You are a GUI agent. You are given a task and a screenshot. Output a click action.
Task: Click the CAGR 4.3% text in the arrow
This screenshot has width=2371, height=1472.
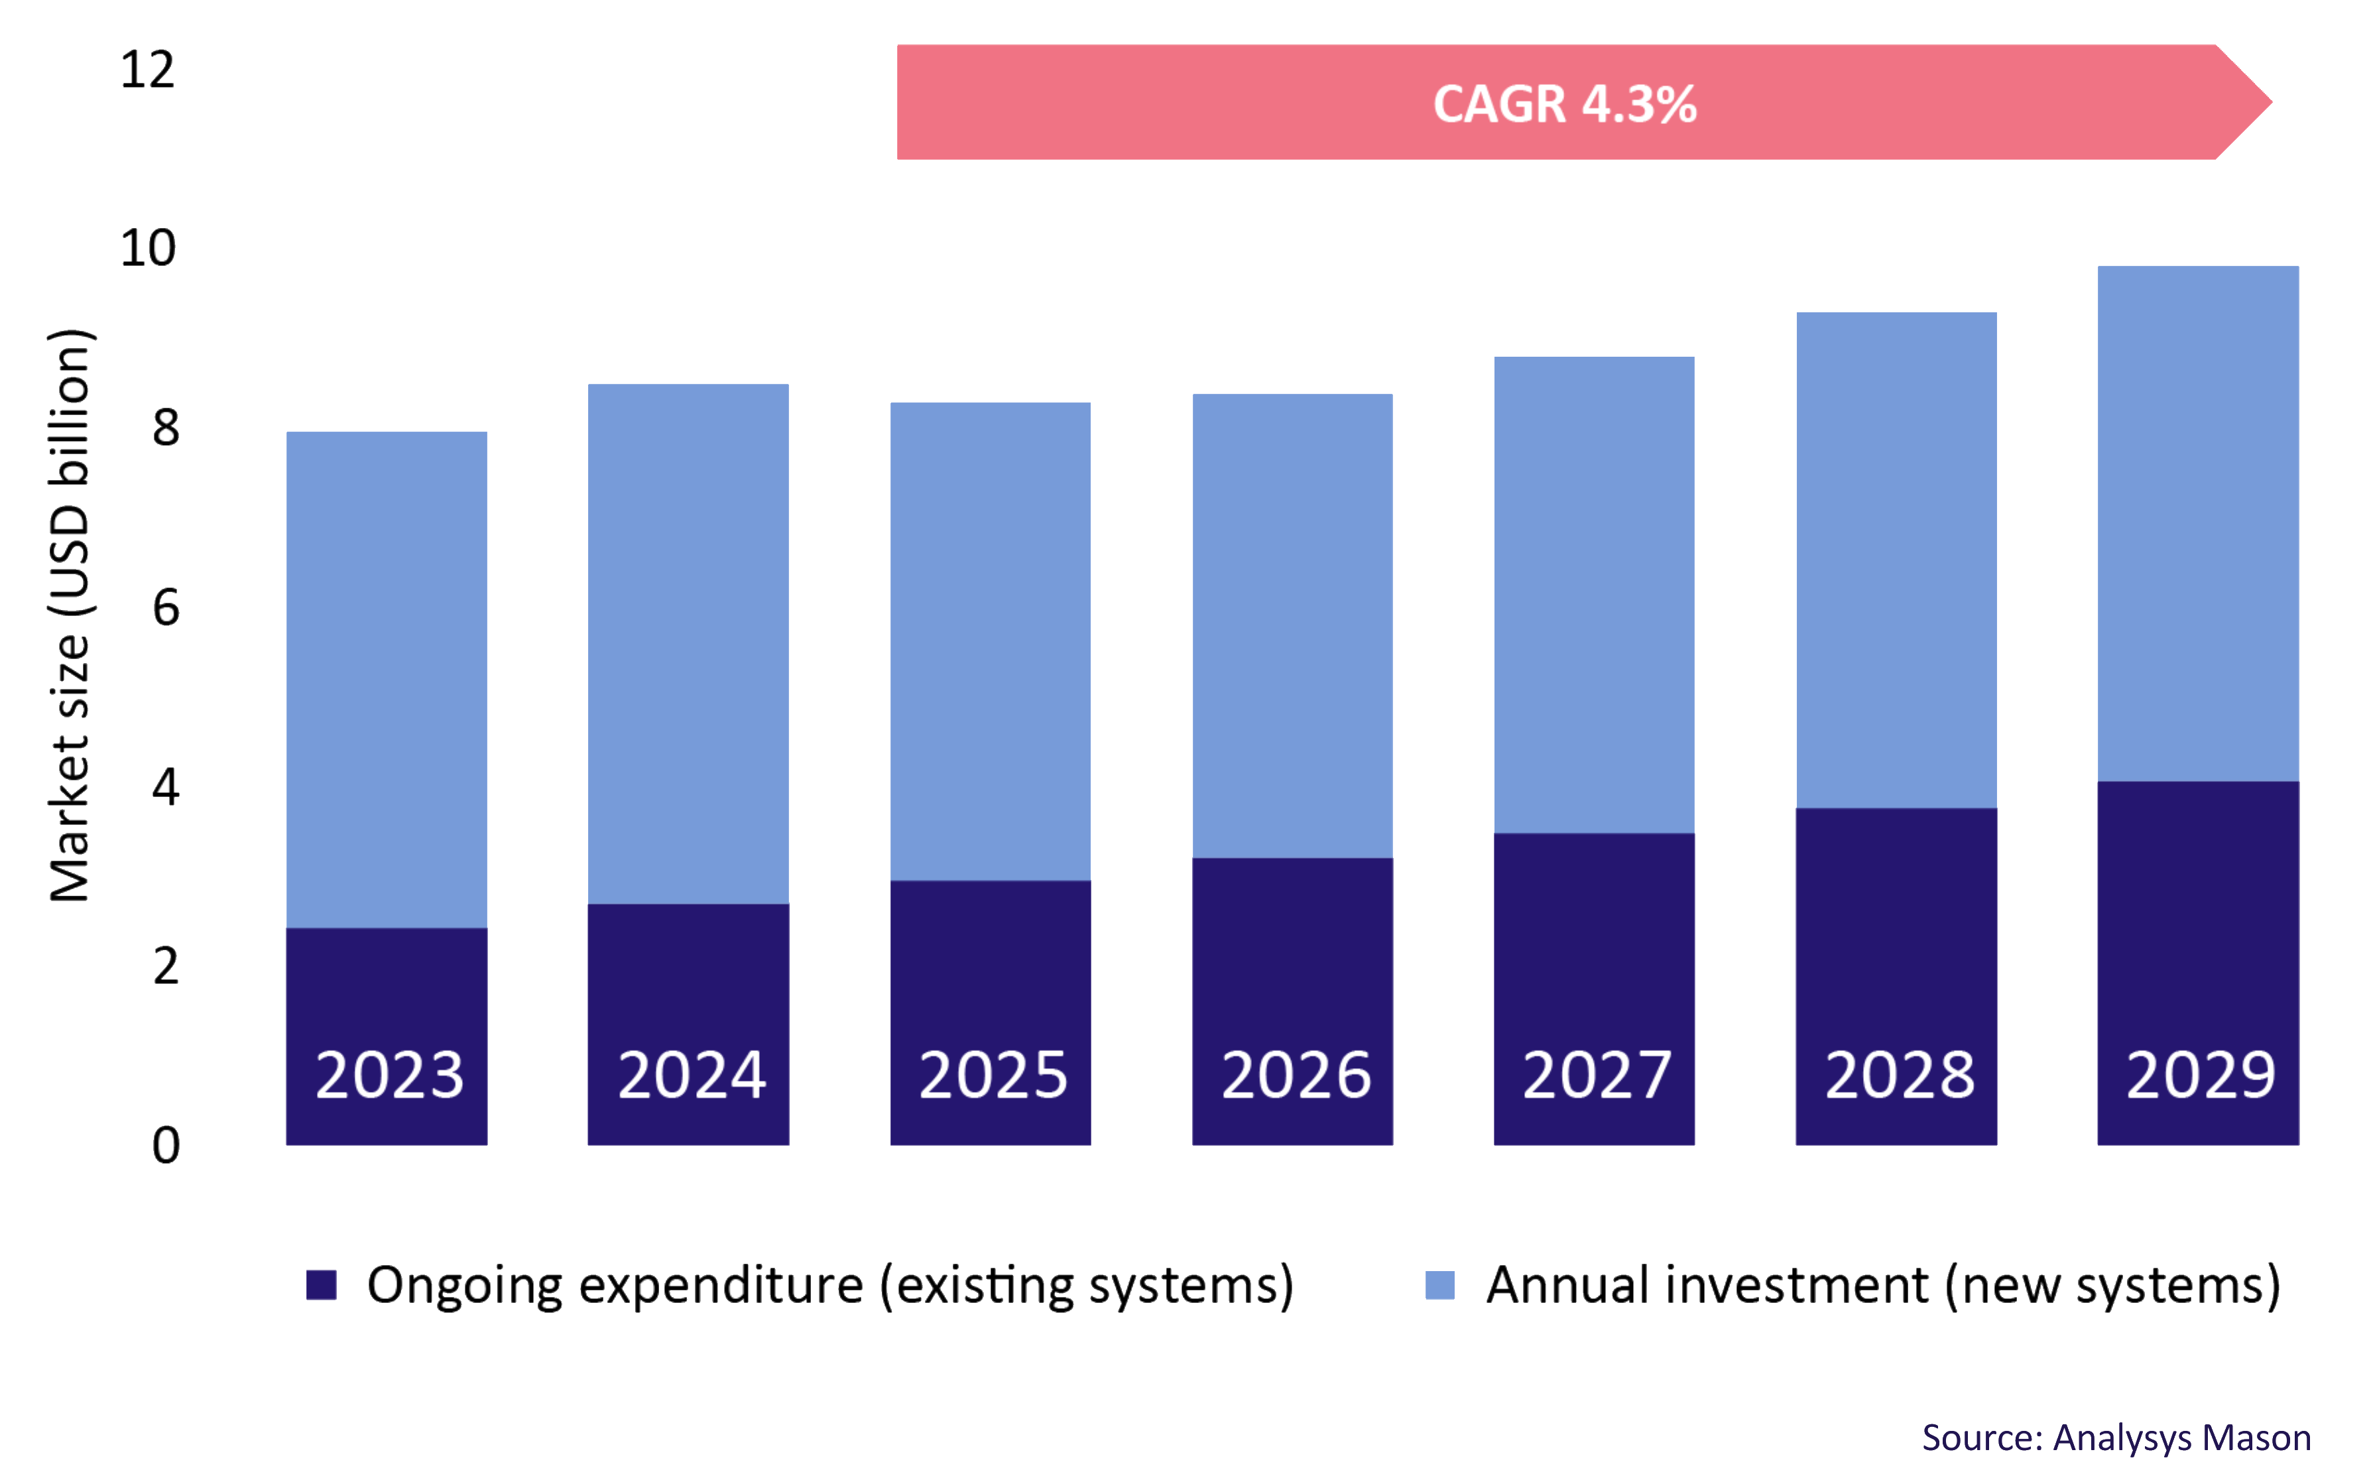coord(1564,104)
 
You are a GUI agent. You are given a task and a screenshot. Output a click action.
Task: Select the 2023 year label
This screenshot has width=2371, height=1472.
coord(389,1075)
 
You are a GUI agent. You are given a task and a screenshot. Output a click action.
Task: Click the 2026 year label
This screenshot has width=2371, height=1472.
coord(1296,1075)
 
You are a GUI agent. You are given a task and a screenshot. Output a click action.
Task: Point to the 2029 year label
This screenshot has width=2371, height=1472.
coord(2200,1075)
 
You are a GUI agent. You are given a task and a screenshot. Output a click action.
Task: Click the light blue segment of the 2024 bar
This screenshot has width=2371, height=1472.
coord(688,643)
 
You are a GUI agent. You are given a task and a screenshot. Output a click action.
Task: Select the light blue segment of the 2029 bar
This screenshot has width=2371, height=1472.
coord(2198,522)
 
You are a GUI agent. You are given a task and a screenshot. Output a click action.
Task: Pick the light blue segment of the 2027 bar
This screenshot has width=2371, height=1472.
coord(1595,594)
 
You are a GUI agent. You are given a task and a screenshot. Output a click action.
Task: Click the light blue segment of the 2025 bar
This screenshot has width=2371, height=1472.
coord(990,641)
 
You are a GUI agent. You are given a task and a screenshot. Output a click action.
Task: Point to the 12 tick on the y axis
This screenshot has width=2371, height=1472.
coord(148,70)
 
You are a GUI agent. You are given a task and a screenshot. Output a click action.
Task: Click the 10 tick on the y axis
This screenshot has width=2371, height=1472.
coord(148,248)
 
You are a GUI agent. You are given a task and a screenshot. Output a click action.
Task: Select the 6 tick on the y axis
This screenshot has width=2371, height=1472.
coord(166,607)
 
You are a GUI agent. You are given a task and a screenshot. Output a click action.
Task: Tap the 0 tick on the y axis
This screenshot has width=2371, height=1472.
coord(166,1145)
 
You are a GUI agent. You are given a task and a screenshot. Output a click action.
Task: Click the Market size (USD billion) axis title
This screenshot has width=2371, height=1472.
coord(70,615)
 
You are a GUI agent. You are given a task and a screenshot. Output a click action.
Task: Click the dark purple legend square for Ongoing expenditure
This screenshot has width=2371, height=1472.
coord(321,1285)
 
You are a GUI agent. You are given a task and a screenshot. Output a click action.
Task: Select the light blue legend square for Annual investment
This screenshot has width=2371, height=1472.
coord(1439,1285)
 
